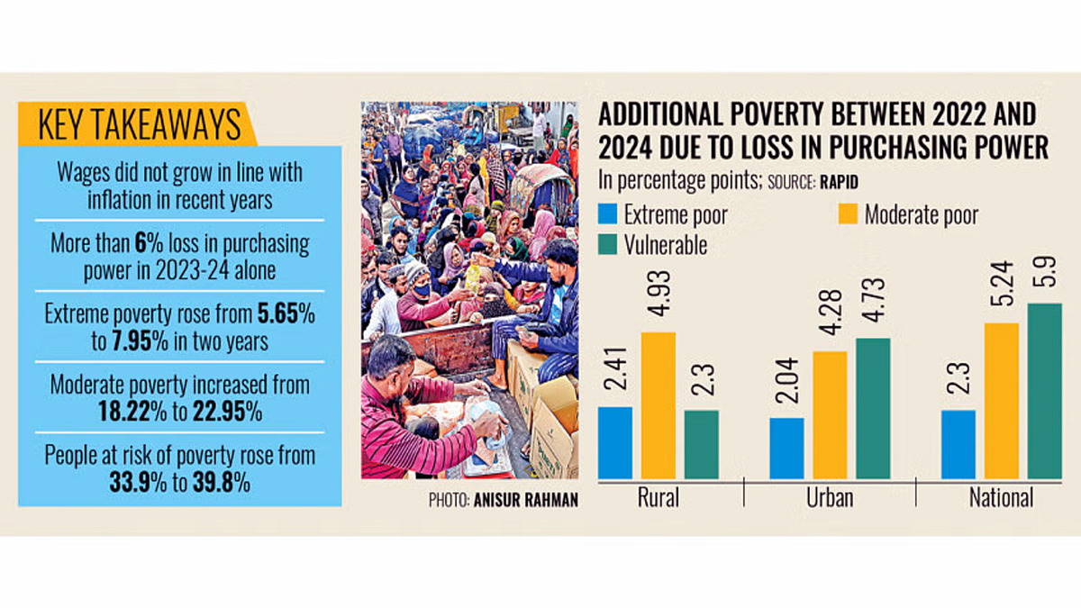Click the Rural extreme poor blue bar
tap(615, 442)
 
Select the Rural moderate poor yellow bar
tap(659, 405)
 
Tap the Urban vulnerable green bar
tap(873, 408)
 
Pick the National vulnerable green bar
tap(1044, 391)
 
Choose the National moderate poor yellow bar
tap(1001, 401)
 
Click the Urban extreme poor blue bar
tap(787, 448)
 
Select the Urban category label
tap(830, 498)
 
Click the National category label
tap(1001, 498)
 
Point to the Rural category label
tap(658, 498)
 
